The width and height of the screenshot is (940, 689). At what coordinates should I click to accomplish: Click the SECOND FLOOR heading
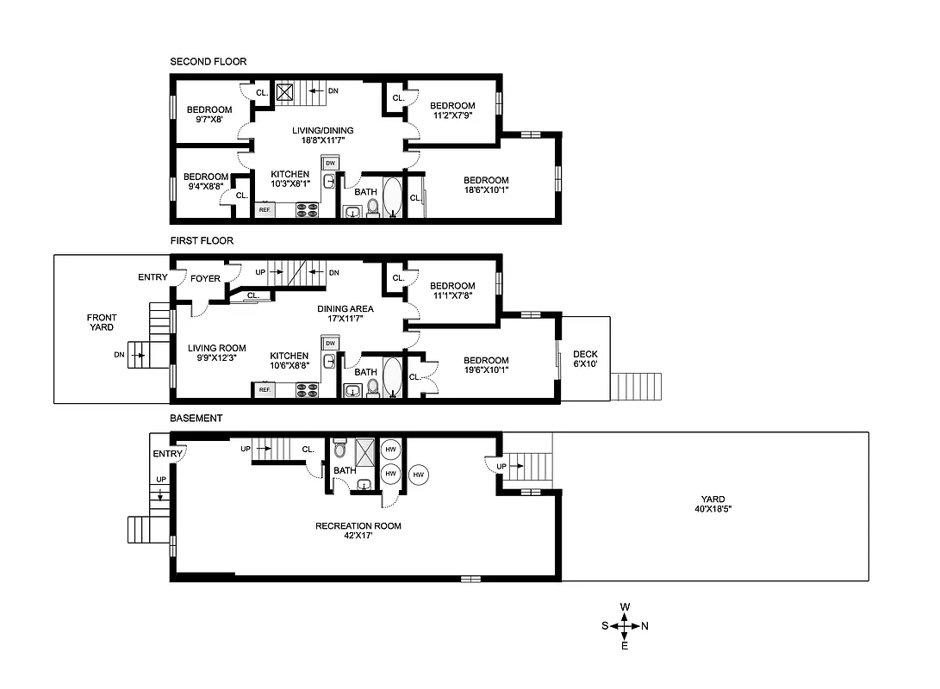[x=208, y=61]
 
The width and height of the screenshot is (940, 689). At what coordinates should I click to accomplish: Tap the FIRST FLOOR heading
[x=201, y=240]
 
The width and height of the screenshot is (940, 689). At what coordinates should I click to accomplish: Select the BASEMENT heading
[x=196, y=418]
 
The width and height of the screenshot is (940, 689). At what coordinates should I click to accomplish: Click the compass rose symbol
[x=625, y=626]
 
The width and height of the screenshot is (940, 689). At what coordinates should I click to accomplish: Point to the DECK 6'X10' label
[x=585, y=359]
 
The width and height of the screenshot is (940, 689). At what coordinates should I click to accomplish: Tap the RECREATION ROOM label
[x=358, y=531]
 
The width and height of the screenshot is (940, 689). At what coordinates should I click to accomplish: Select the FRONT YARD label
[x=102, y=323]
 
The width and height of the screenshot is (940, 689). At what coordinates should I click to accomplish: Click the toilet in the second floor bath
[x=373, y=208]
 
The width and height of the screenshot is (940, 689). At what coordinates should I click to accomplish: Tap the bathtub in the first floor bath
[x=392, y=377]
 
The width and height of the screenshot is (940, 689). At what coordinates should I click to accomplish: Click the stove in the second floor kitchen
[x=308, y=209]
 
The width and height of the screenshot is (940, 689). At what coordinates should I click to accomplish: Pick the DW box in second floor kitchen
[x=330, y=162]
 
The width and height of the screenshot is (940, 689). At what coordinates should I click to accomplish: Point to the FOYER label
[x=205, y=278]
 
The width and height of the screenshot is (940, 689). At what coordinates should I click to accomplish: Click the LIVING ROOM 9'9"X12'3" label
[x=211, y=353]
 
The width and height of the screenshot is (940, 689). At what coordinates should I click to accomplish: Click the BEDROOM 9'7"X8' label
[x=209, y=114]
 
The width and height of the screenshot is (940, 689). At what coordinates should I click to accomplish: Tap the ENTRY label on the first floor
[x=153, y=277]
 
